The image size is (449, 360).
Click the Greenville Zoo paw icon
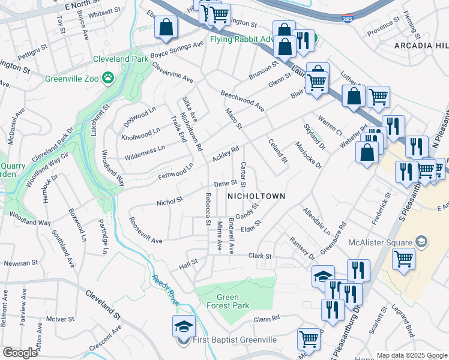pyautogui.click(x=107, y=77)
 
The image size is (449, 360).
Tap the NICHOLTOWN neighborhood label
pyautogui.click(x=256, y=196)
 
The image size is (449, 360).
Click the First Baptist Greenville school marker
pyautogui.click(x=184, y=326)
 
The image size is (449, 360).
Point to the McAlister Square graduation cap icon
pyautogui.click(x=422, y=241)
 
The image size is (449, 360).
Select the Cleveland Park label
pyautogui.click(x=116, y=60)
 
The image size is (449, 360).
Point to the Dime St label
pyautogui.click(x=226, y=184)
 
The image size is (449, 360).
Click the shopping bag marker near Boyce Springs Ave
pyautogui.click(x=166, y=27)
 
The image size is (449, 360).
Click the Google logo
pyautogui.click(x=20, y=353)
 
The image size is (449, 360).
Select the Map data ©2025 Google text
pyautogui.click(x=411, y=355)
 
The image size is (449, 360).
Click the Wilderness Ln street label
pyautogui.click(x=144, y=152)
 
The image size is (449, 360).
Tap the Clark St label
pyautogui.click(x=261, y=256)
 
